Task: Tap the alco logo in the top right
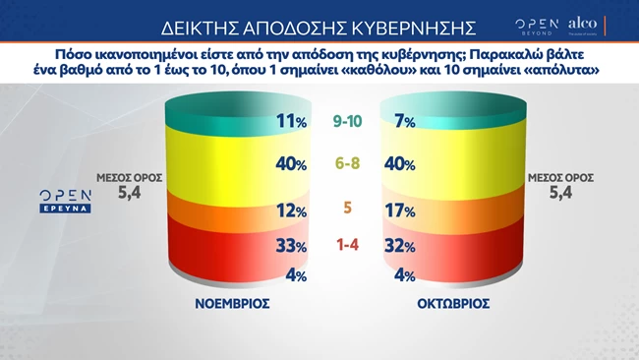click(583, 23)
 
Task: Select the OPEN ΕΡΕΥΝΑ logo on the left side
click(65, 202)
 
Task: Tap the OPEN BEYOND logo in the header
click(537, 24)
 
